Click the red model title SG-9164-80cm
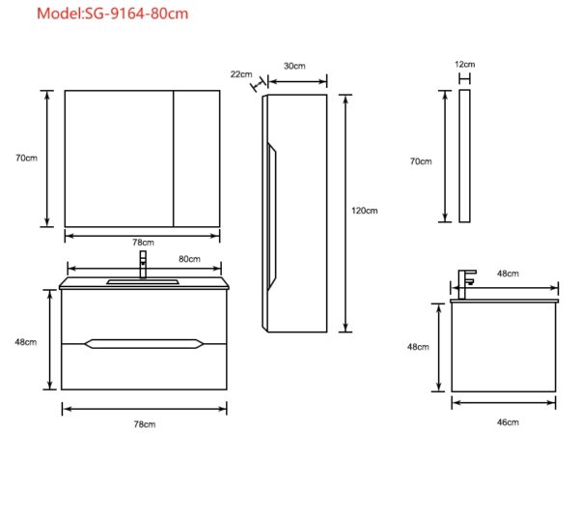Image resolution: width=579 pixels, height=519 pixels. pyautogui.click(x=112, y=14)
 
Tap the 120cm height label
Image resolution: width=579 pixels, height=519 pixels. pyautogui.click(x=365, y=211)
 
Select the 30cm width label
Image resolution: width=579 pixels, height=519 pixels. pyautogui.click(x=294, y=66)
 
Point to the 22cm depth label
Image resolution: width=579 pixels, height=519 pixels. pyautogui.click(x=241, y=74)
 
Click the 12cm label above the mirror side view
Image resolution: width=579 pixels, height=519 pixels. pyautogui.click(x=464, y=65)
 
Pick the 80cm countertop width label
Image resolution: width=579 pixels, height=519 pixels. pyautogui.click(x=189, y=259)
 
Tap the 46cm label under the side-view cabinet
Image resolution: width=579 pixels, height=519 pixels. pyautogui.click(x=508, y=422)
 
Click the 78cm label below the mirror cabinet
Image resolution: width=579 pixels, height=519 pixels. pyautogui.click(x=143, y=243)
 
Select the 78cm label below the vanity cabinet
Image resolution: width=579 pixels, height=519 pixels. pyautogui.click(x=145, y=424)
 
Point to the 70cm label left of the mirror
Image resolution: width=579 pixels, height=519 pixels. pyautogui.click(x=26, y=158)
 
